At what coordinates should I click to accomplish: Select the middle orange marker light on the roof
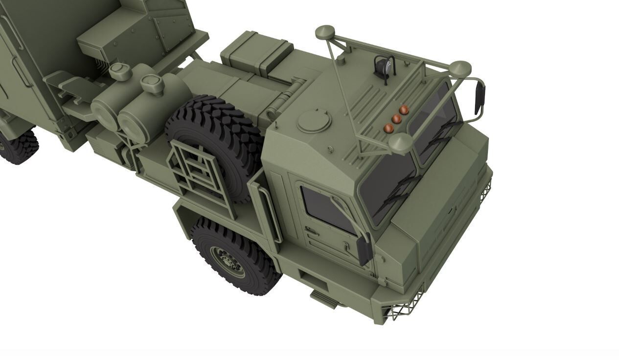[396, 119]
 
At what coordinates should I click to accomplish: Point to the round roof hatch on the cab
[314, 120]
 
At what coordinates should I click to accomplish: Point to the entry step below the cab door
[324, 298]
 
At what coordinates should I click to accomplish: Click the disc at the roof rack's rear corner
[324, 33]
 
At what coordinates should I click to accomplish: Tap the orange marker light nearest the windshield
[389, 128]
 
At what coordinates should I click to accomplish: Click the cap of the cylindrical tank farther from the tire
[120, 71]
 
